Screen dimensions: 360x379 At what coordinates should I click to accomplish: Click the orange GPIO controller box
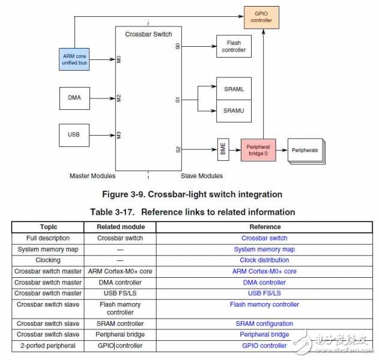[261, 16]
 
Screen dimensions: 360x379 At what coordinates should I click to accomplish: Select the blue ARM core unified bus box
[74, 59]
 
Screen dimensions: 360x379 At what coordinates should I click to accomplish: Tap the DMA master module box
[74, 97]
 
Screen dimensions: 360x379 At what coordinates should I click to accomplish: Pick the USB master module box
[74, 134]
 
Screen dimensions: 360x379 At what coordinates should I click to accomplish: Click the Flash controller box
[234, 46]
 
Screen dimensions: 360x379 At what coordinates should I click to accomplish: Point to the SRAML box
[234, 89]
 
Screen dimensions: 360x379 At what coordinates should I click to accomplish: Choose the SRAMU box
[234, 111]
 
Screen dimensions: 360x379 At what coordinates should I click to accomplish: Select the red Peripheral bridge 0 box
[258, 150]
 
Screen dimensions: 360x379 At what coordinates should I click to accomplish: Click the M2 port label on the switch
[119, 97]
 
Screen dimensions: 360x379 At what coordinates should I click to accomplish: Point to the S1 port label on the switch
[178, 100]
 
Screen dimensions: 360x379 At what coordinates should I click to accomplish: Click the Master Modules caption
[92, 176]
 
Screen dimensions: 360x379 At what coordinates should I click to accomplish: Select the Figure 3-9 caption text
[192, 194]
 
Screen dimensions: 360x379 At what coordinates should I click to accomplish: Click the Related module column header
[121, 227]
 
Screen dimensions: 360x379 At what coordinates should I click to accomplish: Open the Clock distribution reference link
[264, 260]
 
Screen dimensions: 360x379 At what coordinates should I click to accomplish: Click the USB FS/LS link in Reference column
[264, 293]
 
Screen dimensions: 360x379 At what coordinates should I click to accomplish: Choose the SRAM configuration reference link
[264, 323]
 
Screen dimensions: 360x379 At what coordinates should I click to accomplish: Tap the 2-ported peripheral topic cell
[48, 345]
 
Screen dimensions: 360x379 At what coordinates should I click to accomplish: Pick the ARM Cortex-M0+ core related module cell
[121, 271]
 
